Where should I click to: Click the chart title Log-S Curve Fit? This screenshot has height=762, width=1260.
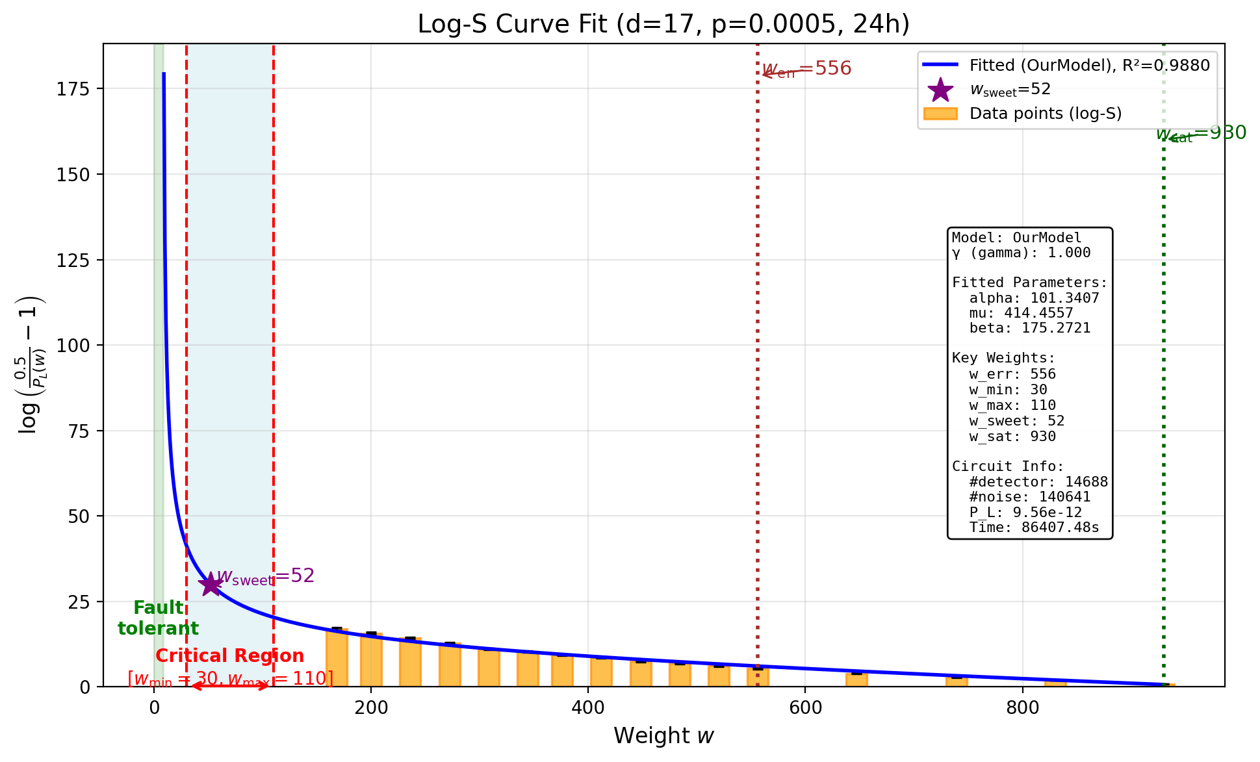tap(663, 25)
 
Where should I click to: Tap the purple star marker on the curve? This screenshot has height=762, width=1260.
tap(211, 584)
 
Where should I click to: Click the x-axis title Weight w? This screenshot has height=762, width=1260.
tap(663, 736)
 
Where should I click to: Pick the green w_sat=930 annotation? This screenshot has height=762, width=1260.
tap(1201, 134)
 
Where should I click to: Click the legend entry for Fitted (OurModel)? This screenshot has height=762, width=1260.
tap(1089, 66)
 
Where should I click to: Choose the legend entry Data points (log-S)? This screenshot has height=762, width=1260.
tap(1045, 114)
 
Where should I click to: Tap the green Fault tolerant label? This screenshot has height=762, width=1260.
tap(158, 618)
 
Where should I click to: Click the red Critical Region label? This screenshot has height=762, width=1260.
tap(229, 656)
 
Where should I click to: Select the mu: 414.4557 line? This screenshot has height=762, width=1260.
tap(1020, 313)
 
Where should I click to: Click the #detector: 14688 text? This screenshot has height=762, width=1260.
tap(1038, 482)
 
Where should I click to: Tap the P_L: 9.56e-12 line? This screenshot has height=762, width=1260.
tap(1025, 513)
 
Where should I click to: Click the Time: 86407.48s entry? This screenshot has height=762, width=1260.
tap(1033, 527)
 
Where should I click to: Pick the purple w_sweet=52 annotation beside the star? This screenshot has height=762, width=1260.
tap(266, 576)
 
